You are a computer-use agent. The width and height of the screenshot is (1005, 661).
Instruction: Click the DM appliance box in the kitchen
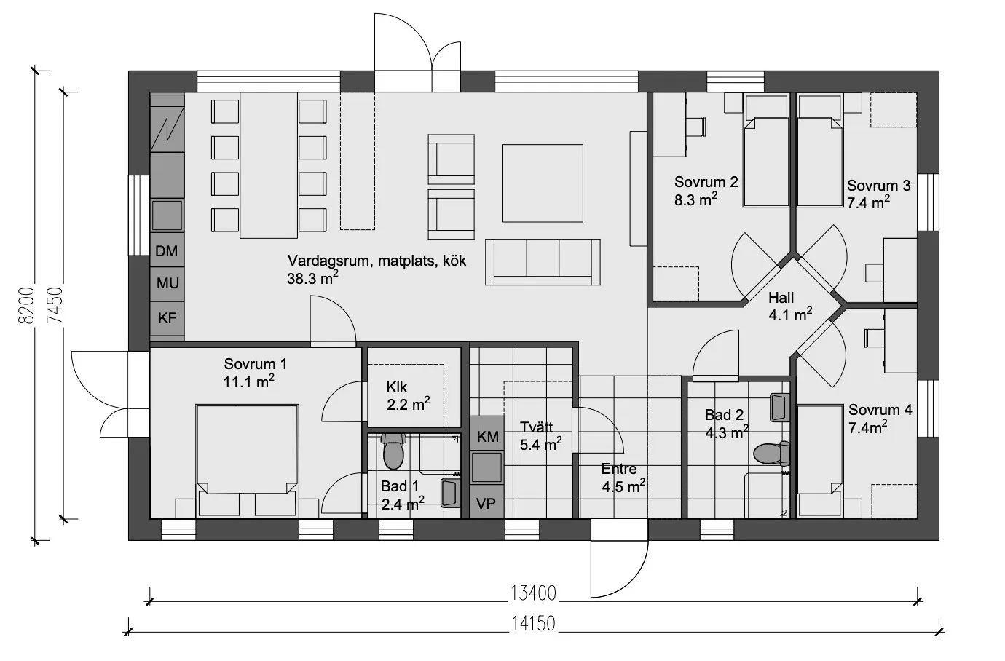coord(167,250)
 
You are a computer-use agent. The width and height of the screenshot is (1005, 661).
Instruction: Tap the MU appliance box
coord(167,284)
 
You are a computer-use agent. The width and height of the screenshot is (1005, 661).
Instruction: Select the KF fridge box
coord(167,318)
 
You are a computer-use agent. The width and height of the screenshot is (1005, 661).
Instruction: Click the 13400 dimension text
coord(533,593)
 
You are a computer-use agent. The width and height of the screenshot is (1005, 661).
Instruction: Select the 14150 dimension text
coord(534,624)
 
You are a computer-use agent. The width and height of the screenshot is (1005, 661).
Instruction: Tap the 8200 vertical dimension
coord(28,305)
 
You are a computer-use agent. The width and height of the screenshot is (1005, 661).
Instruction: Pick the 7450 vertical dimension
coord(55,305)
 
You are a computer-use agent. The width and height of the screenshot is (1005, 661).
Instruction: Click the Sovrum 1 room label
coord(256,364)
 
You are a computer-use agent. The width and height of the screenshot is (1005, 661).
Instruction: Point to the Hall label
coord(781,298)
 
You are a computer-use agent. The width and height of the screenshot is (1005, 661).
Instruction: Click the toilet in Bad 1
coord(393,450)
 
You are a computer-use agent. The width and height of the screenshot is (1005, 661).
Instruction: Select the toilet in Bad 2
coord(772,454)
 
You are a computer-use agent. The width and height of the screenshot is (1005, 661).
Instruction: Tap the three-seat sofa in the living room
coord(543,262)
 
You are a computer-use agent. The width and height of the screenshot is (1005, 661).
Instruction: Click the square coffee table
coord(543,183)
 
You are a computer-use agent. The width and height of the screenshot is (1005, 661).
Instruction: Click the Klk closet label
coord(397,387)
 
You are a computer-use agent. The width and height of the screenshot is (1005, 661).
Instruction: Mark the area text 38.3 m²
coord(312,279)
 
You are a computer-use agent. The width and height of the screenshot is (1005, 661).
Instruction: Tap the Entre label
coord(619,469)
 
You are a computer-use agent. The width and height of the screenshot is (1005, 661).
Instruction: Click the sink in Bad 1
coord(451,493)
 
